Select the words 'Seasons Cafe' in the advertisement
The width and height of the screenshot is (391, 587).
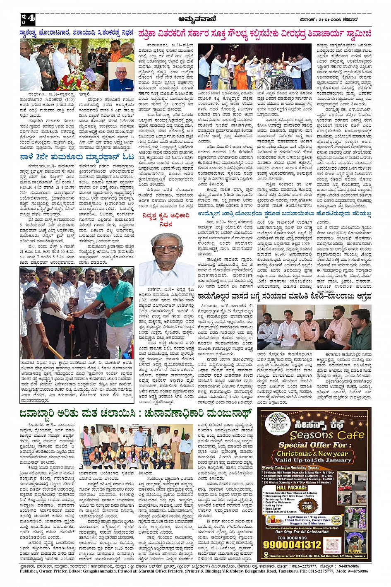point(324,435)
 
